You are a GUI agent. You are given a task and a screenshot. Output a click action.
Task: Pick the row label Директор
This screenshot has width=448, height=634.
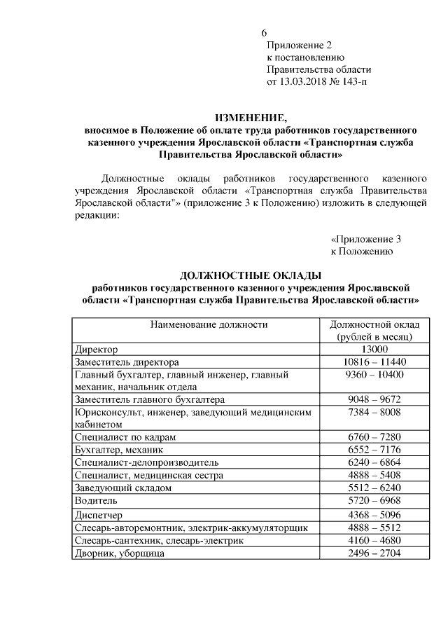pos(96,349)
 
